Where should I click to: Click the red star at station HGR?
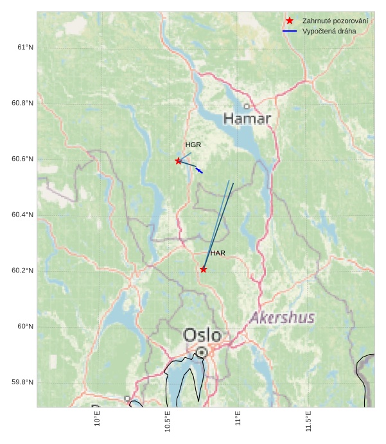pyautogui.click(x=179, y=161)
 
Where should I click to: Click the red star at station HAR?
pyautogui.click(x=204, y=269)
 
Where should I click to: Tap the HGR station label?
pyautogui.click(x=193, y=145)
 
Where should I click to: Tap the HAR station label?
pyautogui.click(x=218, y=254)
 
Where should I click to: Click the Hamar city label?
pyautogui.click(x=247, y=119)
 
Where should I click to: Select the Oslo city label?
pyautogui.click(x=202, y=335)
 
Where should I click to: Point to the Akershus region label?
pyautogui.click(x=283, y=318)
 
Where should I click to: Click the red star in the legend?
pyautogui.click(x=290, y=21)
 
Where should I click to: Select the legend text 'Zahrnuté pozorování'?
pyautogui.click(x=335, y=21)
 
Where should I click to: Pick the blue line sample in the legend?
pyautogui.click(x=290, y=31)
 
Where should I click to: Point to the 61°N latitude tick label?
pyautogui.click(x=25, y=48)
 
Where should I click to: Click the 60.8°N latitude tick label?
pyautogui.click(x=22, y=103)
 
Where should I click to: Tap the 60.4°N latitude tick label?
pyautogui.click(x=22, y=215)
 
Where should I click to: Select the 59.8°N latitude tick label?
pyautogui.click(x=22, y=382)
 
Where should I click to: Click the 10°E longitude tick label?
pyautogui.click(x=98, y=419)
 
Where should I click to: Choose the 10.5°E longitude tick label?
pyautogui.click(x=168, y=422)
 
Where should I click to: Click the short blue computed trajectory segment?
pyautogui.click(x=199, y=170)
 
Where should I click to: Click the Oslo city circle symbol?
pyautogui.click(x=202, y=352)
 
